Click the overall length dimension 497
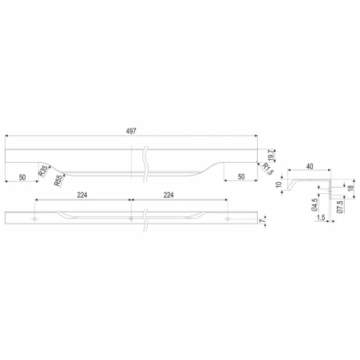point(131,131)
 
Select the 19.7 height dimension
point(271,155)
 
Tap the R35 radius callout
point(43,171)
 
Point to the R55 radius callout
point(59,180)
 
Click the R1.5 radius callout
point(268,169)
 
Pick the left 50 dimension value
point(22,177)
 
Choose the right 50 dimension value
point(241,176)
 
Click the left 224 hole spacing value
point(82,196)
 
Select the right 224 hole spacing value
point(168,196)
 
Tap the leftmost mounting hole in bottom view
point(34,219)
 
